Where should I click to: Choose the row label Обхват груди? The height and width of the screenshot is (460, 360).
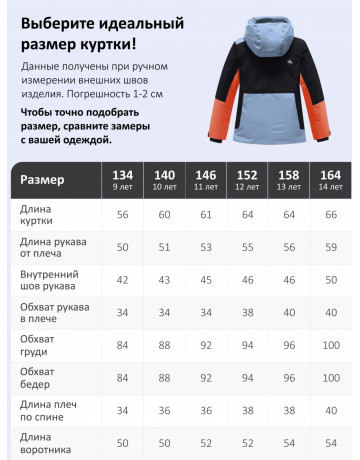click(x=39, y=346)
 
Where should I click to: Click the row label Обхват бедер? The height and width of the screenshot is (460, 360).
click(x=39, y=379)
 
